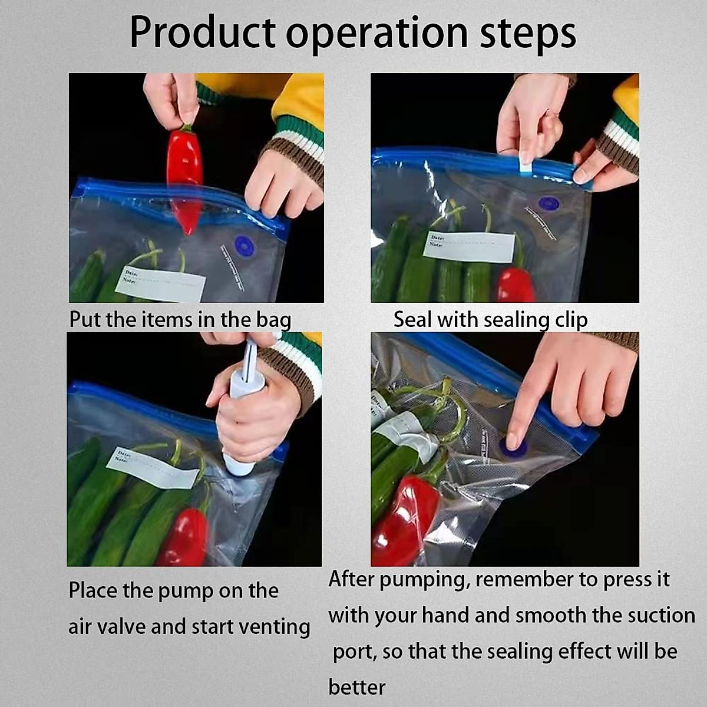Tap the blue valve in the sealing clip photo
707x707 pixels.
[x=549, y=204]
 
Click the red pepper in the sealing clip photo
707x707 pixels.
[x=514, y=285]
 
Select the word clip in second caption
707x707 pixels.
[x=571, y=320]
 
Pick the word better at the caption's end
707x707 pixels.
[x=357, y=687]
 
